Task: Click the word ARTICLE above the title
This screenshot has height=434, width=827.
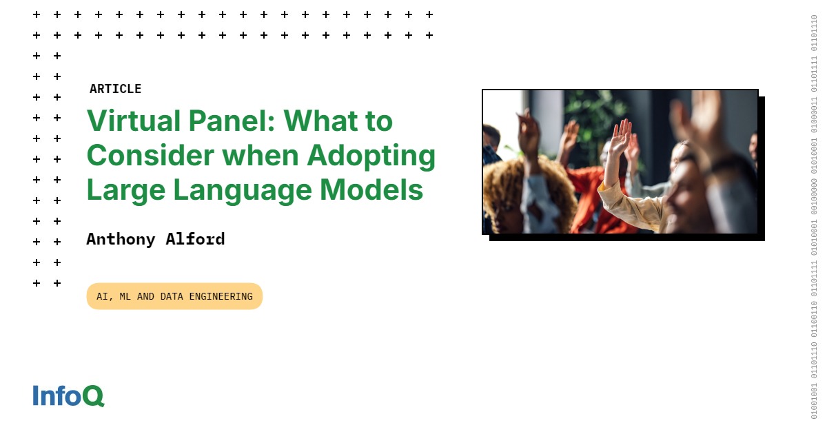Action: (115, 89)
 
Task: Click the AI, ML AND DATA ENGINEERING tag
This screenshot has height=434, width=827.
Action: (174, 296)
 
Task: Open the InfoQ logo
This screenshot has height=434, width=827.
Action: (68, 396)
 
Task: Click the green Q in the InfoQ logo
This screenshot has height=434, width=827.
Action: (94, 396)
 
